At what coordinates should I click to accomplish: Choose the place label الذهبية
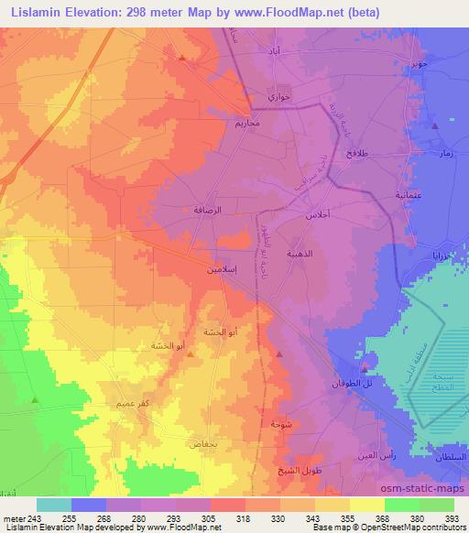[328, 256]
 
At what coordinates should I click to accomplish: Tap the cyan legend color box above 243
[53, 505]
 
